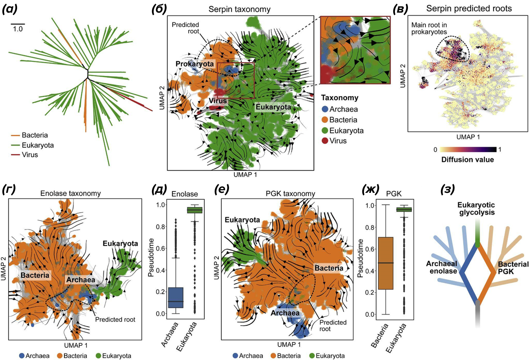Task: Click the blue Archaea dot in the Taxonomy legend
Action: [325, 109]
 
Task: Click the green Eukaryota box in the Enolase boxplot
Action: [194, 210]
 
